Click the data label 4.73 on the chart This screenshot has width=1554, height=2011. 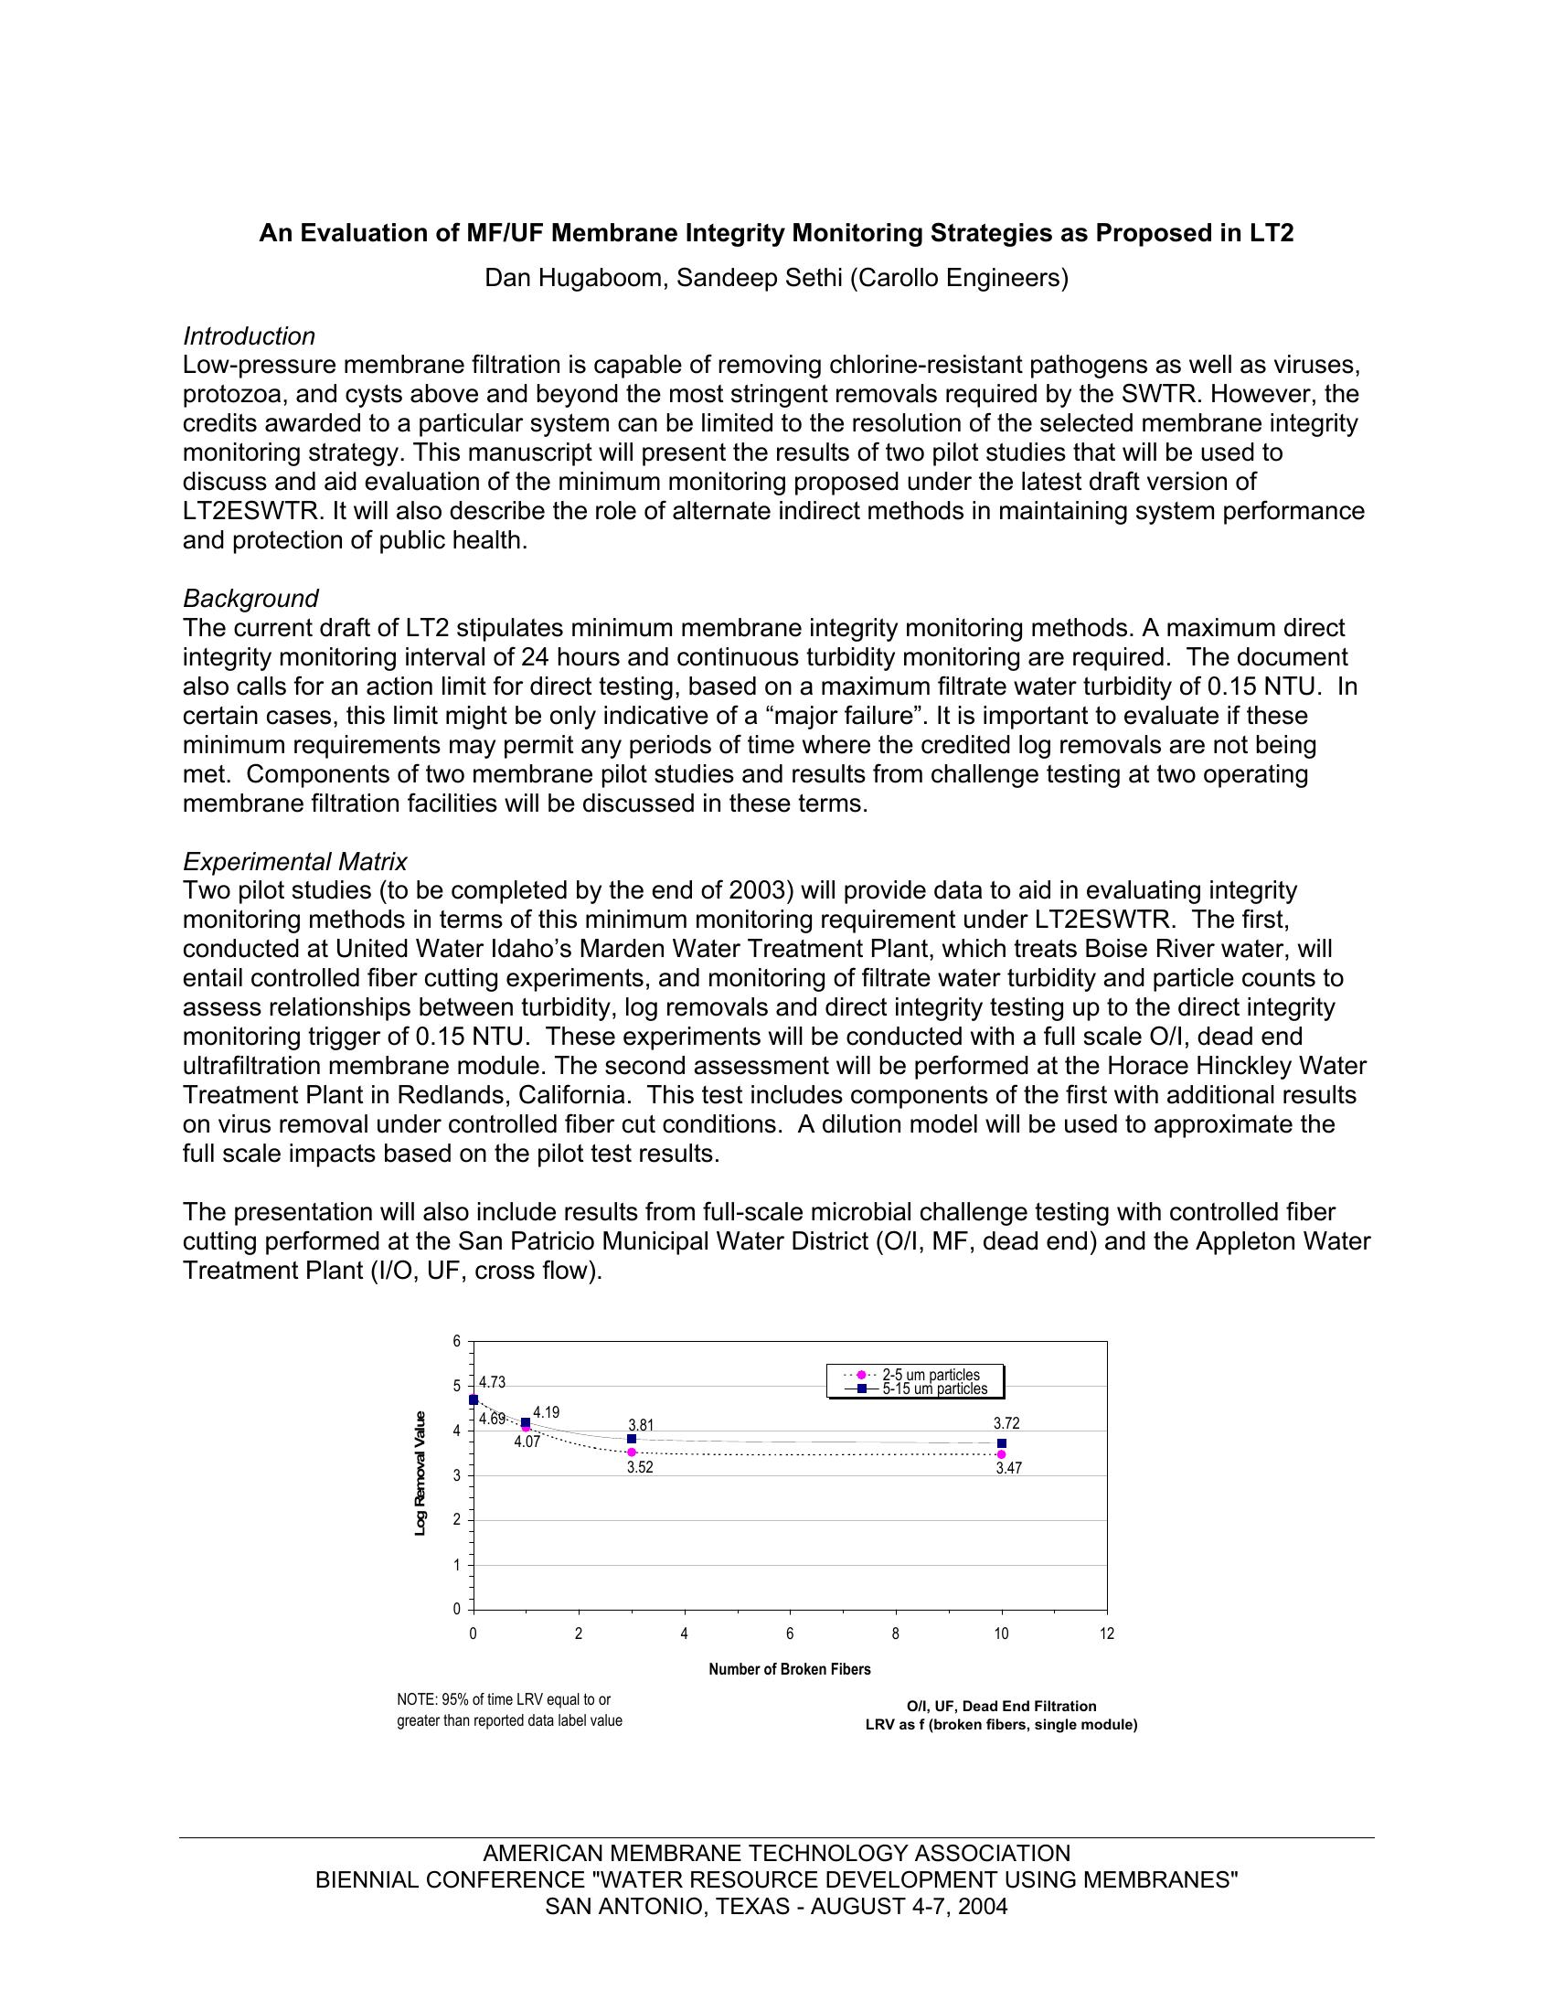click(492, 1382)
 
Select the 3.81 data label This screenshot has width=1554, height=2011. click(641, 1425)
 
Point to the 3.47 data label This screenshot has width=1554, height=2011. click(1009, 1469)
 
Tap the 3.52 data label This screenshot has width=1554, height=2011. click(640, 1468)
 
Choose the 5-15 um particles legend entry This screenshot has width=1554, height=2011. click(933, 1389)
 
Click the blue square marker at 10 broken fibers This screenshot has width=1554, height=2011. click(1002, 1443)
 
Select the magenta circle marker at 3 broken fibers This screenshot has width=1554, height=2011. click(632, 1452)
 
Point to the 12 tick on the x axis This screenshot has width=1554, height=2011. click(1107, 1633)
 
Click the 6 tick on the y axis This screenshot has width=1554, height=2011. click(456, 1342)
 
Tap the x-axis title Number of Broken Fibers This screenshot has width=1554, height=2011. click(789, 1669)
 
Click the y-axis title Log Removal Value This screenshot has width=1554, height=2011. click(420, 1474)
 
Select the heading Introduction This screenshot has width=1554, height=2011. click(249, 336)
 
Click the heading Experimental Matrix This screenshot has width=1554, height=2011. click(294, 862)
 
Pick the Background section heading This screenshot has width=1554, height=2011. click(250, 599)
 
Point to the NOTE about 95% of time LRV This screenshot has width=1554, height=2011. click(509, 1710)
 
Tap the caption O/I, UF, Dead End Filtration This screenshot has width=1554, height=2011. click(1001, 1707)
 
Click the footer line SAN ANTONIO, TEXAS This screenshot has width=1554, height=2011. click(776, 1907)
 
